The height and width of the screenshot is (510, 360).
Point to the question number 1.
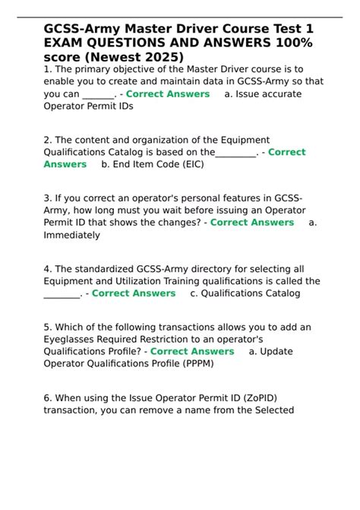pyautogui.click(x=46, y=69)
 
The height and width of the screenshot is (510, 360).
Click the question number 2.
pyautogui.click(x=47, y=140)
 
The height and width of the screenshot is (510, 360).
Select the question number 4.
pyautogui.click(x=47, y=269)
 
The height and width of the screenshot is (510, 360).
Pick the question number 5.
pyautogui.click(x=47, y=328)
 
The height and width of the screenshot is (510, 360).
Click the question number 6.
pyautogui.click(x=47, y=398)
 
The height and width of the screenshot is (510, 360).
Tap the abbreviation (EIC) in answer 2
pyautogui.click(x=194, y=164)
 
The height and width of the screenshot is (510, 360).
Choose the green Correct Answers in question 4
pyautogui.click(x=134, y=293)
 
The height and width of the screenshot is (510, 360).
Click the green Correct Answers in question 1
pyautogui.click(x=167, y=93)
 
